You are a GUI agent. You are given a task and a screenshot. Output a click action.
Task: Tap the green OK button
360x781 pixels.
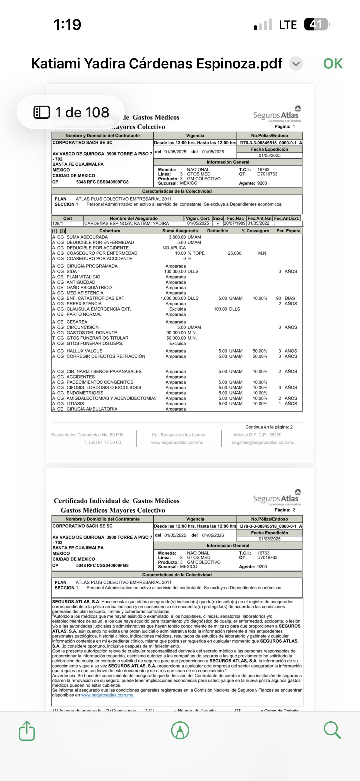333,64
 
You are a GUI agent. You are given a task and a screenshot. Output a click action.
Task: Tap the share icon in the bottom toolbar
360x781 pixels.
27,731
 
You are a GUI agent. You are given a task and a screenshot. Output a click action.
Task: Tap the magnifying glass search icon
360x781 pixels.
332,730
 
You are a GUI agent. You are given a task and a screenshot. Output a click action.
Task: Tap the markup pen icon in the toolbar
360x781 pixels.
180,730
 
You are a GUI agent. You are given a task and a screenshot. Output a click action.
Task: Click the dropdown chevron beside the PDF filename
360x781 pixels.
296,64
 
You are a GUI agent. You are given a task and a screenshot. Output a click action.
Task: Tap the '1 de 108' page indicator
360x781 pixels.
71,113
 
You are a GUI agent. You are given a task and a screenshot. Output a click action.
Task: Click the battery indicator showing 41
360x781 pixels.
316,24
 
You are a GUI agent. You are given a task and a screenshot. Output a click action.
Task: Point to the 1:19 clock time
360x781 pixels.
67,25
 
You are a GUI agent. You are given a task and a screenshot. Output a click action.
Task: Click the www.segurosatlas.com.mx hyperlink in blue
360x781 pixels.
107,695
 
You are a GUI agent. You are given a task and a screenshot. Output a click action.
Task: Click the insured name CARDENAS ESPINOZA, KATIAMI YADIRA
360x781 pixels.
126,223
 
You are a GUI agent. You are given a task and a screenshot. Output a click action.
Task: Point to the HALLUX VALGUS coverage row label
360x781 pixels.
84,351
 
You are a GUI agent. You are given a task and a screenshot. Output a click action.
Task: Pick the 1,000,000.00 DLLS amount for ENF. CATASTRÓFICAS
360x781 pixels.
179,298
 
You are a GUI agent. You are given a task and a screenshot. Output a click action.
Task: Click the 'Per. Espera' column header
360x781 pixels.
288,231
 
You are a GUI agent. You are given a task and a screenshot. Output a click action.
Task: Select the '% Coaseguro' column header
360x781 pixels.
255,231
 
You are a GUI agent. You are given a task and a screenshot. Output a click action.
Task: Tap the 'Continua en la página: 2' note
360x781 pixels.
269,427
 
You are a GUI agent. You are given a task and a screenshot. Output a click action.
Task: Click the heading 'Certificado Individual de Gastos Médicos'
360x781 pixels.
116,501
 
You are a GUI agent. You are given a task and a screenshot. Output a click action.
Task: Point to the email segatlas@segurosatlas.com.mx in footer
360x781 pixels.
263,442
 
